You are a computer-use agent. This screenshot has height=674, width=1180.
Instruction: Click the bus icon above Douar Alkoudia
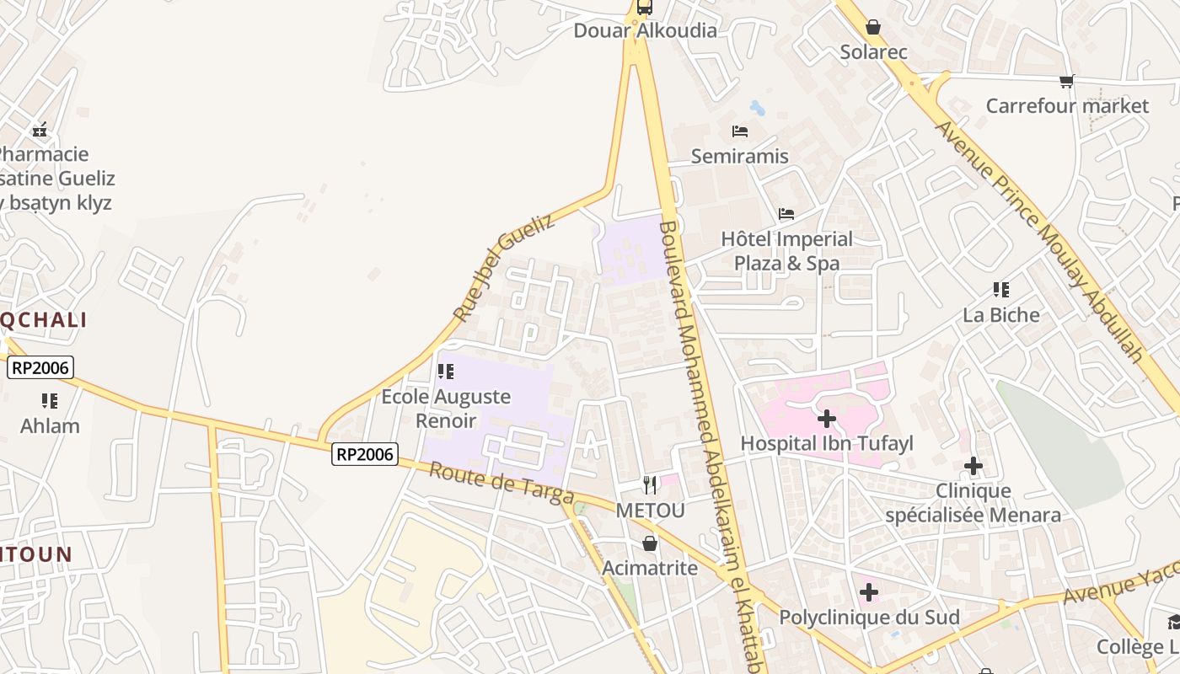tap(645, 8)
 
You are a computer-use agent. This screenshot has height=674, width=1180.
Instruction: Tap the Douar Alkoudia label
tap(645, 31)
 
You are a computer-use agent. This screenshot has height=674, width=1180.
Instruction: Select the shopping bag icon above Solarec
tap(873, 28)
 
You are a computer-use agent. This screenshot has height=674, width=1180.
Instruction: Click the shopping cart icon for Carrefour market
tap(1066, 82)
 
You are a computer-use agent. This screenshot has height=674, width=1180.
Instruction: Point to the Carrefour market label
tap(1066, 106)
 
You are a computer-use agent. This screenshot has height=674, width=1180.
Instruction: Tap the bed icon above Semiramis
tap(740, 131)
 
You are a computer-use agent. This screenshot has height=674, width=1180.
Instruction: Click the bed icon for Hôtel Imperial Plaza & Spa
tap(786, 214)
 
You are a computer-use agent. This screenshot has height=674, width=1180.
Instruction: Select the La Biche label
tap(1001, 315)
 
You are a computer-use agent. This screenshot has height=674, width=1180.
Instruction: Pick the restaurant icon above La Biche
tap(1001, 291)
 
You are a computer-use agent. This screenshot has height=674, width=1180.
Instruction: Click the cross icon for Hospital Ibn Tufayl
tap(827, 418)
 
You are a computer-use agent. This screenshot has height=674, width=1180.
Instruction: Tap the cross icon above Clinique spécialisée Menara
tap(973, 466)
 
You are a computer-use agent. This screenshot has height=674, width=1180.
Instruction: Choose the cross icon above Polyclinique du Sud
tap(869, 592)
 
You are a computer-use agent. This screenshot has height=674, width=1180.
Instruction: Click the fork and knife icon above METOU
tap(649, 485)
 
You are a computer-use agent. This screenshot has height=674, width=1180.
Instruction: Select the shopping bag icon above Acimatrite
tap(650, 543)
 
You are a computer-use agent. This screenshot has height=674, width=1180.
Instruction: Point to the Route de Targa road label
tap(501, 483)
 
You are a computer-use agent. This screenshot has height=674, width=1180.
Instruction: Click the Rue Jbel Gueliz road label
tap(503, 267)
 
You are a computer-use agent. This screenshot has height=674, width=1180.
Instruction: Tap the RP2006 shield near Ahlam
tap(40, 367)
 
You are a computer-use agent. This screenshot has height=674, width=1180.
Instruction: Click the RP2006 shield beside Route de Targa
tap(364, 454)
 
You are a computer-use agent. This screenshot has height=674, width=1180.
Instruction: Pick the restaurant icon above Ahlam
tap(50, 401)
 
